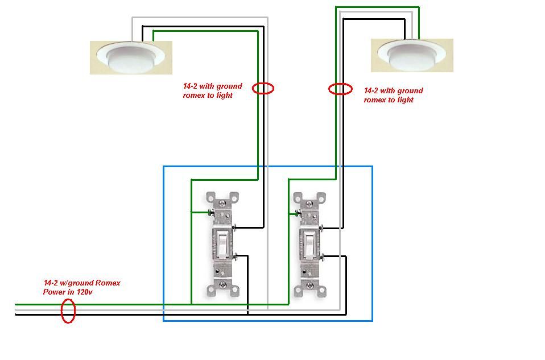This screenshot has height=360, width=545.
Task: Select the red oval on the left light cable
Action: (x=263, y=88)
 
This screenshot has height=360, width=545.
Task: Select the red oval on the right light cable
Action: (x=340, y=89)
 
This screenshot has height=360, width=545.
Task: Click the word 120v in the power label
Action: (x=83, y=292)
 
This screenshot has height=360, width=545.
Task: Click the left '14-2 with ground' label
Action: (x=212, y=86)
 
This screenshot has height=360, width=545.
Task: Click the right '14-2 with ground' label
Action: (x=393, y=90)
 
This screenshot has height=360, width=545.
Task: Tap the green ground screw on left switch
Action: (x=210, y=213)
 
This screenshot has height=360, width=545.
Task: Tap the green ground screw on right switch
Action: (x=298, y=214)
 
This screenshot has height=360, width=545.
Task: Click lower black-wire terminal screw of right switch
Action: (x=323, y=256)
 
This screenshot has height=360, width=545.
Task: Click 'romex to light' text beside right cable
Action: (x=388, y=100)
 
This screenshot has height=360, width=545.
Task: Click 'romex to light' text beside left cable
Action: (x=208, y=96)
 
